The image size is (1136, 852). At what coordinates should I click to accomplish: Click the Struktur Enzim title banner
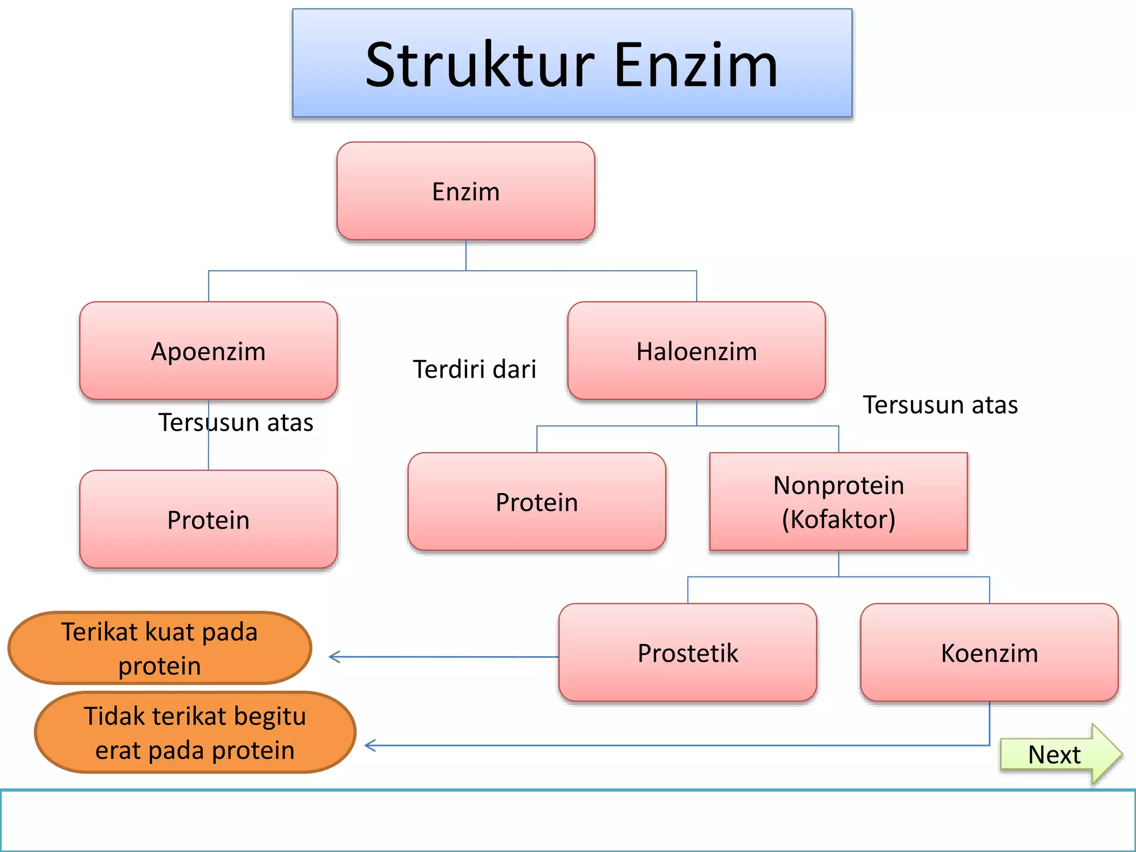point(572,63)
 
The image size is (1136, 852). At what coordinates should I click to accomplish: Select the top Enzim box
point(465,191)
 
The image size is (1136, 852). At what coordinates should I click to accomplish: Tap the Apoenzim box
point(208,351)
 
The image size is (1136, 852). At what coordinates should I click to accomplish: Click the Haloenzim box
point(696,351)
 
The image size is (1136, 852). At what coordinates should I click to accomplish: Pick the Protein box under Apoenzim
point(208,520)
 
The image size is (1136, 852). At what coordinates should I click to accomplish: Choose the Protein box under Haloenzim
point(536,502)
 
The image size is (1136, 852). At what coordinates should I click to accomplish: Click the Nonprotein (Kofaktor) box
point(838,502)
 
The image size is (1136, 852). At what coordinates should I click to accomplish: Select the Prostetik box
point(687,653)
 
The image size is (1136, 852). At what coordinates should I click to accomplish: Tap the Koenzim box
point(989,653)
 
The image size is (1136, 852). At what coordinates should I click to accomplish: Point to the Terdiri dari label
point(474,369)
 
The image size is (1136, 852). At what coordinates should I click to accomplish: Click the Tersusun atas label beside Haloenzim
point(940,405)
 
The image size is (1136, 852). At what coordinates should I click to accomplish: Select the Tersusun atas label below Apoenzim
point(236,423)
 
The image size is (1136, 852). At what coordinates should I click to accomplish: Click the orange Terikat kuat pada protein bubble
point(160,648)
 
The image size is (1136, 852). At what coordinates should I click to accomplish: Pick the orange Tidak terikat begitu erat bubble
point(195,732)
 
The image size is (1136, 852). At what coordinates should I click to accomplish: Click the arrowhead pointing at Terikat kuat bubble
point(333,657)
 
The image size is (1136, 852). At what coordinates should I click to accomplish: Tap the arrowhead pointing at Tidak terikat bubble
point(368,745)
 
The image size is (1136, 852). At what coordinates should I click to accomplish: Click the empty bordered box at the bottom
point(567,821)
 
